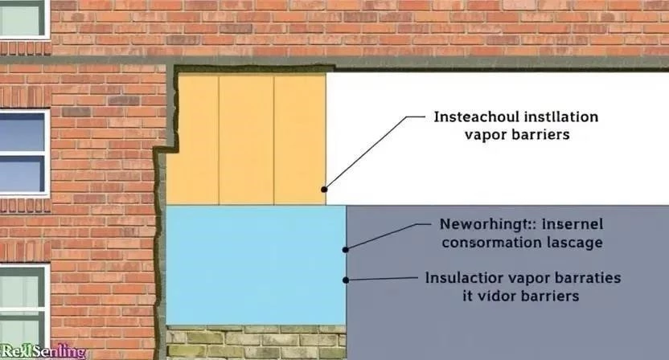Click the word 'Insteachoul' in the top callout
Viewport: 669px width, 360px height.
point(471,117)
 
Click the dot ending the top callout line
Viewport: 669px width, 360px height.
point(324,190)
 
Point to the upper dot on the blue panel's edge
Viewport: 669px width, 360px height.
point(346,247)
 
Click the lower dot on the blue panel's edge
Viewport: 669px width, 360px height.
point(346,280)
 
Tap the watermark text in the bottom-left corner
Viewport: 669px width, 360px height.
point(43,352)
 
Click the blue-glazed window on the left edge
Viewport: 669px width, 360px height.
point(22,152)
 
